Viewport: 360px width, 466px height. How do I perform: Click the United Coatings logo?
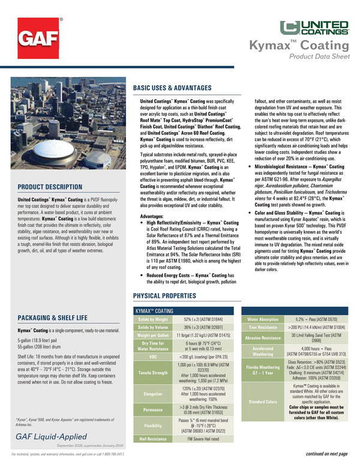[314, 28]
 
